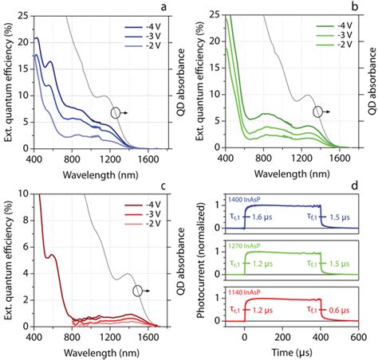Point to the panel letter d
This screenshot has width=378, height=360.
pos(364,186)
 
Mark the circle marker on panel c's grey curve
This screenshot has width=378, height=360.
pos(137,292)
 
